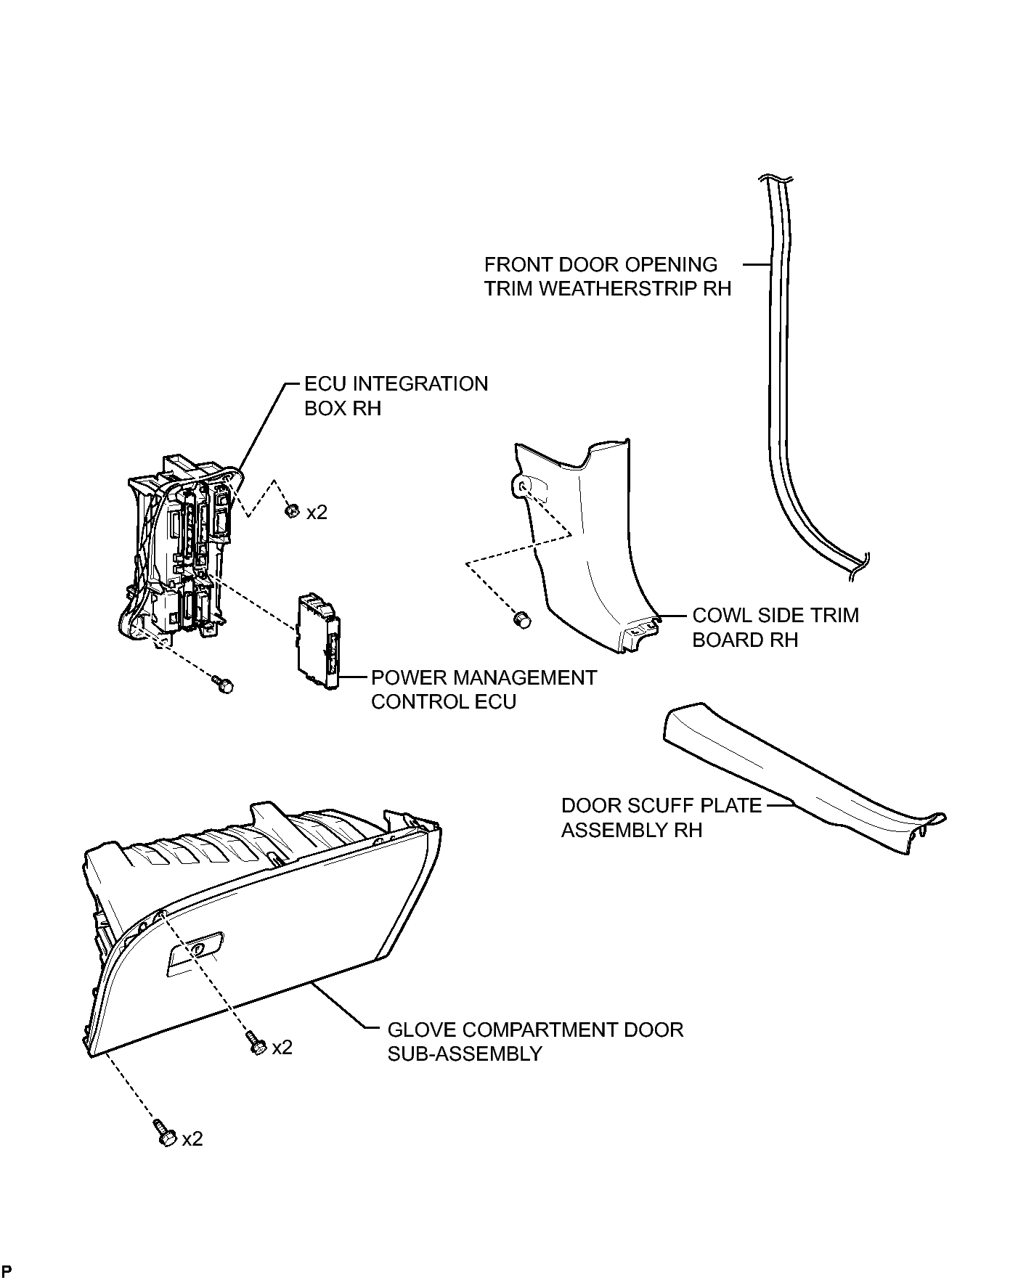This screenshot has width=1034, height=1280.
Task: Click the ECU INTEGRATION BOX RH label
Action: [396, 396]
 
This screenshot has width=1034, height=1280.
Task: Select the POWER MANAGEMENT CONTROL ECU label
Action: [484, 690]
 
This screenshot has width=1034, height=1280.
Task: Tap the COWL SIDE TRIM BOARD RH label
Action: [775, 627]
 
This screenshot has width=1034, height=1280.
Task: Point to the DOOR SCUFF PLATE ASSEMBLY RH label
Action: [661, 818]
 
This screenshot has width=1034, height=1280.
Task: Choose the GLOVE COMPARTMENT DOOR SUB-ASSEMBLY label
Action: [535, 1042]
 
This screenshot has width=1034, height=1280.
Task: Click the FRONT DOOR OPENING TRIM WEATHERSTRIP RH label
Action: [608, 277]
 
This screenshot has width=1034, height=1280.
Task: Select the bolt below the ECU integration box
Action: [224, 684]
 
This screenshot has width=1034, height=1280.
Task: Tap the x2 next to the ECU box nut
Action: [317, 513]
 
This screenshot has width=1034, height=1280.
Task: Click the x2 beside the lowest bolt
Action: [192, 1139]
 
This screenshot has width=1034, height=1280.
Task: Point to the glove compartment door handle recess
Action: [195, 952]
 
